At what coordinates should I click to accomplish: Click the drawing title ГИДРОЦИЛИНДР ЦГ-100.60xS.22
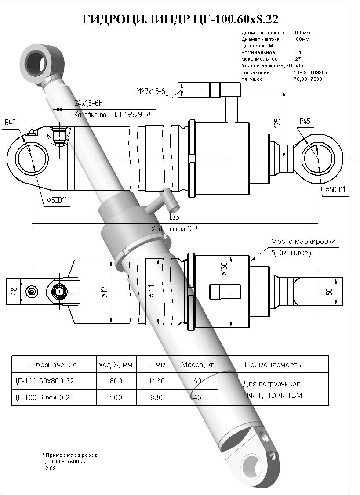(x=180, y=19)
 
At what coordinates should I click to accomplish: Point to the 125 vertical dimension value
(x=277, y=123)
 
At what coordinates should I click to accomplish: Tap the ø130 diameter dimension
(x=224, y=268)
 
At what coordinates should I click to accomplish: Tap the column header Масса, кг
(x=197, y=365)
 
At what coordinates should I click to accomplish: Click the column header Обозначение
(x=54, y=365)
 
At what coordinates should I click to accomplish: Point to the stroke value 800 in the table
(x=116, y=381)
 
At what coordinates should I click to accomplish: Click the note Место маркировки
(x=303, y=242)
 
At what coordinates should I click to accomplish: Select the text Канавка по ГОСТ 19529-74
(x=113, y=115)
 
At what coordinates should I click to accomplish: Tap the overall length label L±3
(x=175, y=217)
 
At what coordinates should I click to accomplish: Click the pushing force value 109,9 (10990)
(x=310, y=72)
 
